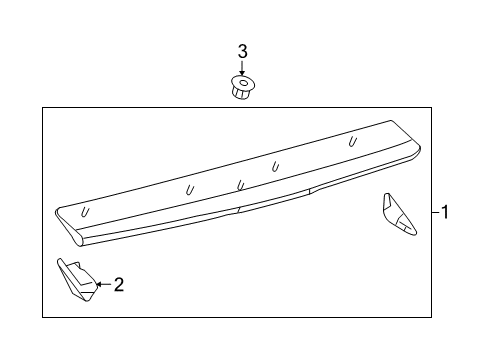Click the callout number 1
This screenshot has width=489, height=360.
click(x=446, y=213)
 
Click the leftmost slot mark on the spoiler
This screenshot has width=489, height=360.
click(x=86, y=212)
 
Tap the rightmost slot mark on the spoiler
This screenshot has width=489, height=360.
click(x=352, y=142)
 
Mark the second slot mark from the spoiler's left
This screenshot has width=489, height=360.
click(x=190, y=188)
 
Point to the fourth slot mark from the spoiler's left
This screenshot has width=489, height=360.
click(x=274, y=165)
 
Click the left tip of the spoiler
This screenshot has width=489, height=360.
click(x=57, y=212)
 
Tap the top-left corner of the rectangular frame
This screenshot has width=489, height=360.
click(x=42, y=106)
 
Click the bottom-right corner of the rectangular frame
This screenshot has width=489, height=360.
click(x=430, y=315)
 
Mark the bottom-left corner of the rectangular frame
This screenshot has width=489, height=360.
click(x=42, y=315)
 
